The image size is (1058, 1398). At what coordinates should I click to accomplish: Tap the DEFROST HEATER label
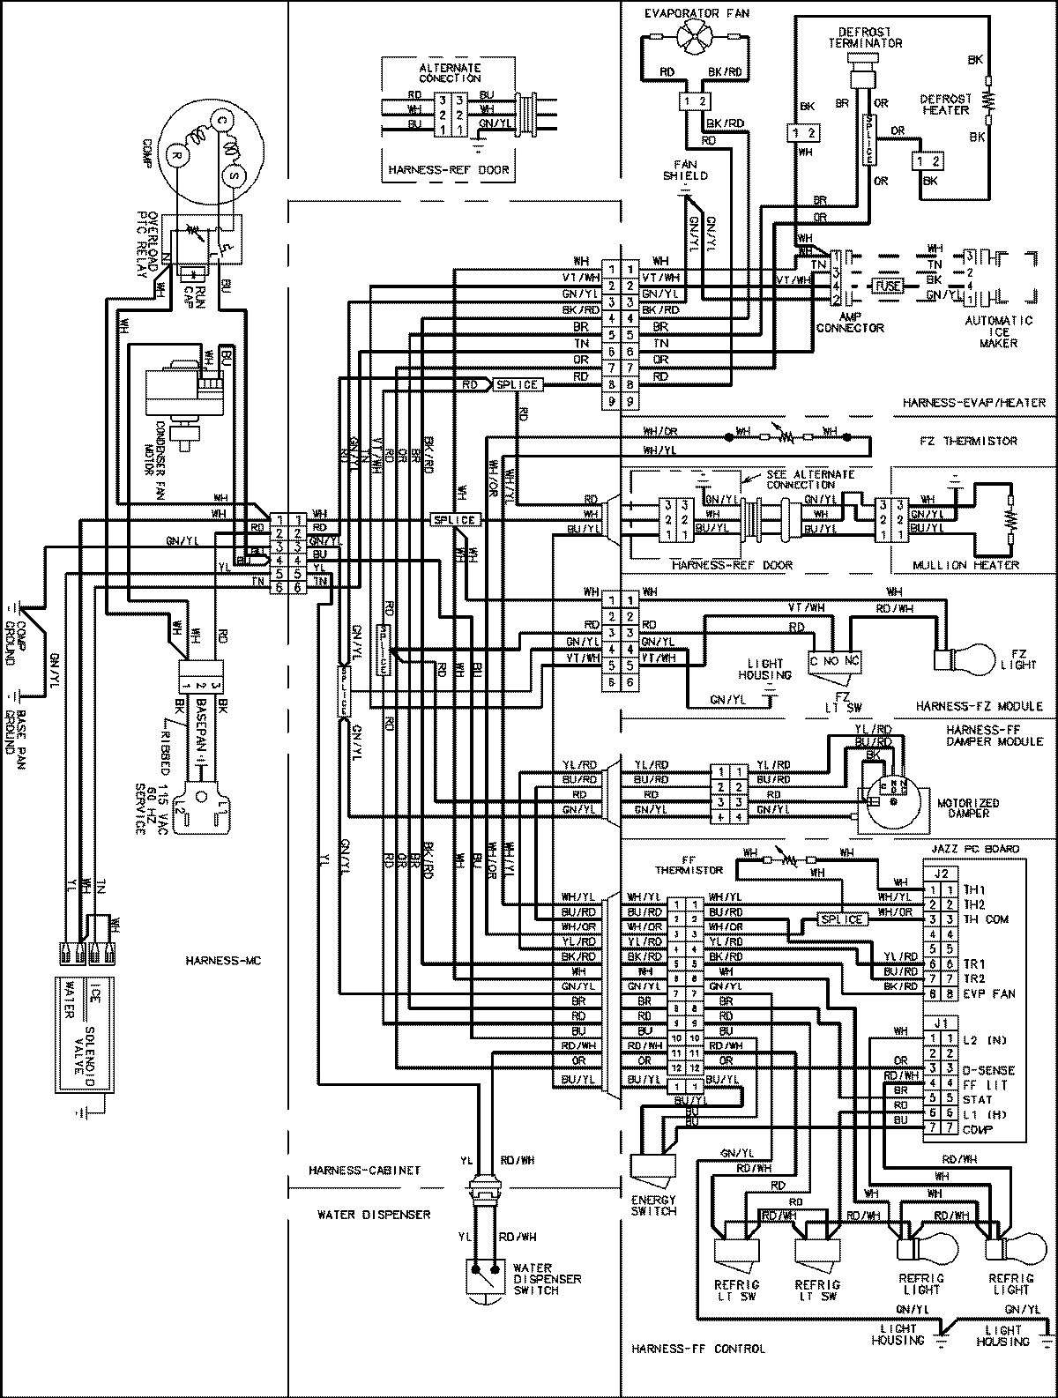click(x=944, y=104)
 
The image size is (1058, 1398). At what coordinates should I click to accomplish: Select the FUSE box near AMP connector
click(x=887, y=286)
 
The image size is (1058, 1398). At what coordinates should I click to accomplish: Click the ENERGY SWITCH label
click(x=653, y=1205)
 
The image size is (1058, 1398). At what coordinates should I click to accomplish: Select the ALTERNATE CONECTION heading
click(x=449, y=73)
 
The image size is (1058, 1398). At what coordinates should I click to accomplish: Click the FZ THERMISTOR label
click(x=975, y=441)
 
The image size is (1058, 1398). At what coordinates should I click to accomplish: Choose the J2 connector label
click(x=941, y=874)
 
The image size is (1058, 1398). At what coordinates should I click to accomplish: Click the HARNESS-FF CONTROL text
click(x=698, y=1349)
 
